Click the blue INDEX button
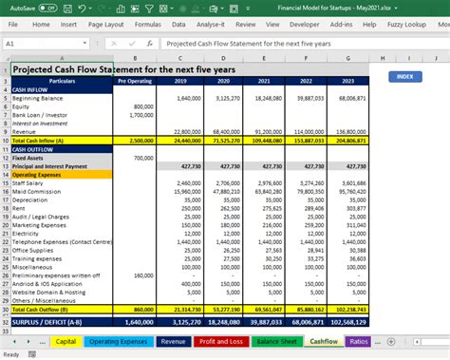[x=405, y=76]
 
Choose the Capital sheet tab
[x=66, y=341]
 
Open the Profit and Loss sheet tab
[x=220, y=341]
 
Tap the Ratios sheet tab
[x=359, y=341]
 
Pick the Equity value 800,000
[x=142, y=106]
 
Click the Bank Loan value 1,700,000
[x=140, y=115]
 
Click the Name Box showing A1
[x=38, y=44]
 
